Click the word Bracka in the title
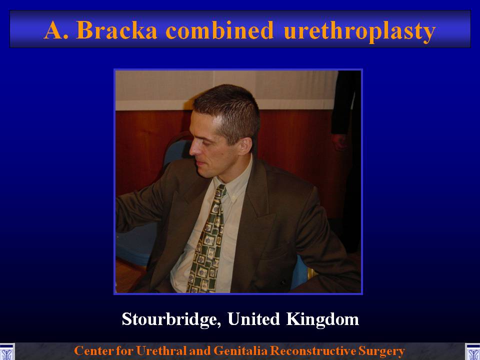[x=116, y=30]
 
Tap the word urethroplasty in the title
[x=359, y=32]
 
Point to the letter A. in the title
[x=56, y=30]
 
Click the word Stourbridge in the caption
[x=171, y=319]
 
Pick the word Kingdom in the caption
[x=322, y=319]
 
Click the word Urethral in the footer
[x=161, y=351]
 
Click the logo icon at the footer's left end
[x=7, y=351]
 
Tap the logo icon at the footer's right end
[x=472, y=351]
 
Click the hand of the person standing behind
[x=339, y=142]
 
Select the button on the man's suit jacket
[x=283, y=281]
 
